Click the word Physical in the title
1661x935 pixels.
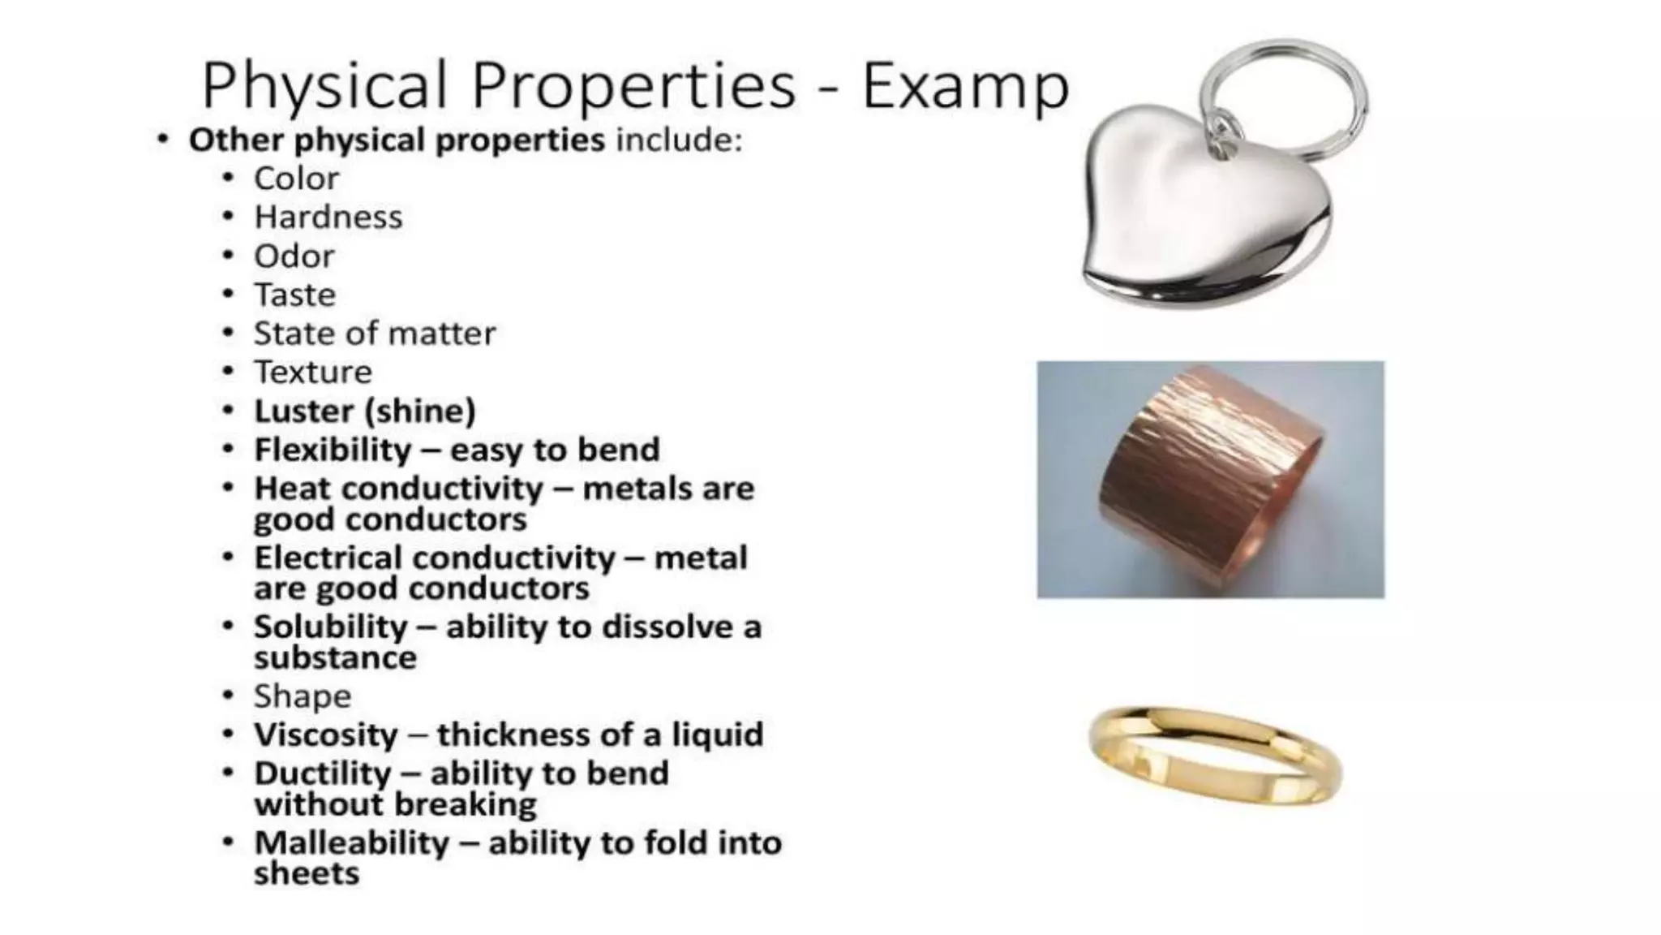(x=324, y=86)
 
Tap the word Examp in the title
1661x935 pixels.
(x=965, y=86)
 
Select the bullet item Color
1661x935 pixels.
(x=296, y=179)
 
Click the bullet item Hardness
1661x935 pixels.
(x=328, y=218)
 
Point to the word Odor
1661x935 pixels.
(x=294, y=256)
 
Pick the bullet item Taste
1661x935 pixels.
(x=294, y=295)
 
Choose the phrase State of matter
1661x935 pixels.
(x=374, y=334)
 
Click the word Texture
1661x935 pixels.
(x=312, y=373)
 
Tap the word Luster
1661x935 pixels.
(x=304, y=411)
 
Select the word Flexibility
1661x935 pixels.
(x=333, y=450)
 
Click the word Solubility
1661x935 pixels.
(x=330, y=627)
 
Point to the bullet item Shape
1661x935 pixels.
(x=302, y=696)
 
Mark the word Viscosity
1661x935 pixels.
(x=325, y=735)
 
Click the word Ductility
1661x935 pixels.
(x=322, y=773)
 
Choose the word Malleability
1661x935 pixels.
(x=351, y=843)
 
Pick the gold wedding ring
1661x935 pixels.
(x=1215, y=755)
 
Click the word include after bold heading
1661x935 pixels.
(x=679, y=140)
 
